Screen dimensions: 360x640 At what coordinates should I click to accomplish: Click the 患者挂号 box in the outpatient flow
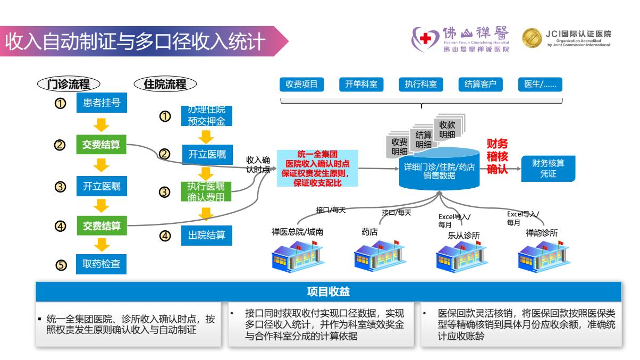click(x=102, y=103)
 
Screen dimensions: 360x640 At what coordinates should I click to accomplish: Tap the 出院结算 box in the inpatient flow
click(x=207, y=235)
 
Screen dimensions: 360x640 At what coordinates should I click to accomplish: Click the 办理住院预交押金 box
click(x=207, y=115)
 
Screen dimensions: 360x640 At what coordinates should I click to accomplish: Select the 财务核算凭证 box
click(x=548, y=169)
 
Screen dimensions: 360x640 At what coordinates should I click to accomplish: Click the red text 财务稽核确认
click(x=498, y=156)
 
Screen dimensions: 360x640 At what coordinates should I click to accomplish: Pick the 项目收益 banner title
click(x=328, y=291)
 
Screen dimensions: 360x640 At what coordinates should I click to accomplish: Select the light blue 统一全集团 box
click(x=317, y=169)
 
